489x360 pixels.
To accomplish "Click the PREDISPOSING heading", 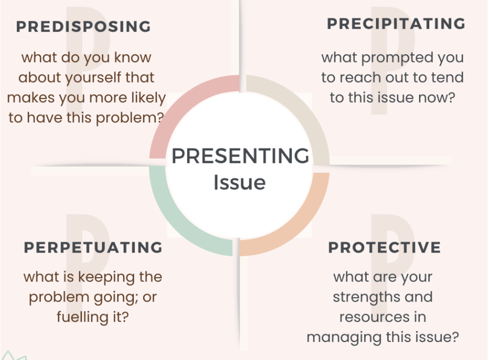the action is pos(84,27).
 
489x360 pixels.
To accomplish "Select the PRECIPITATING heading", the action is pos(396,24).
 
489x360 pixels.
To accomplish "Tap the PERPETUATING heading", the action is pos(93,247).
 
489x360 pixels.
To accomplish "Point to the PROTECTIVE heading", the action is pos(385,247).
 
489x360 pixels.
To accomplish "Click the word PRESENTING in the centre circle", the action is pos(240,155).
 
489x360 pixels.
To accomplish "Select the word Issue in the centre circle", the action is pos(240,182).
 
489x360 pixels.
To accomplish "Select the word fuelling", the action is pos(83,317).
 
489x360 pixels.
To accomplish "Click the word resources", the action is pos(375,317).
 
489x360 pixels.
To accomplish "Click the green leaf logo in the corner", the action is pos(14,356).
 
